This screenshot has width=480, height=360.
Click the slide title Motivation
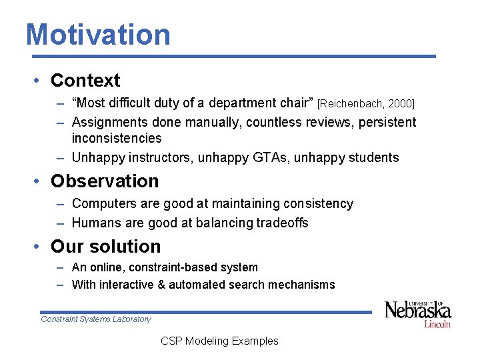[x=98, y=35]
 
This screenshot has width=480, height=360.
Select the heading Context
[x=85, y=81]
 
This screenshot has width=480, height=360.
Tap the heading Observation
[x=105, y=181]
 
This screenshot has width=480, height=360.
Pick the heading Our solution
[x=105, y=247]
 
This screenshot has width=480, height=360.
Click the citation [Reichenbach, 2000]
[x=366, y=103]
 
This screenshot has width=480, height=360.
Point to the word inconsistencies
[x=117, y=139]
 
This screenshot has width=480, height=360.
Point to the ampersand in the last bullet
[x=160, y=285]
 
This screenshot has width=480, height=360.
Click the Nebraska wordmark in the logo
[x=417, y=310]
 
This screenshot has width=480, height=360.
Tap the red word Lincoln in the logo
[x=437, y=323]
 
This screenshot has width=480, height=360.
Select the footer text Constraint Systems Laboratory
[x=96, y=319]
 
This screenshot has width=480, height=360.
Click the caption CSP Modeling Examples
[x=219, y=341]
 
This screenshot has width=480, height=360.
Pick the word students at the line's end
[x=374, y=158]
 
